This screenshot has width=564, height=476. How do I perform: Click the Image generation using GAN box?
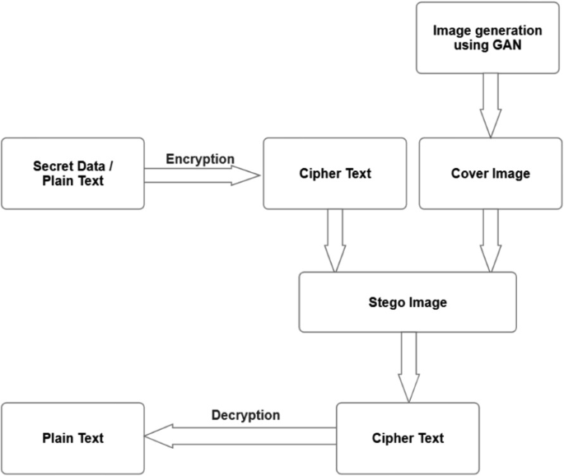[487, 37]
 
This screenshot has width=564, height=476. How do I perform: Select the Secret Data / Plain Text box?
[72, 173]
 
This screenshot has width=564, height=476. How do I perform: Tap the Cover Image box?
[491, 173]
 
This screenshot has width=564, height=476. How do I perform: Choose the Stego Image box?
[407, 302]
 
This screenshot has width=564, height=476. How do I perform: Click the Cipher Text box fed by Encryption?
[334, 173]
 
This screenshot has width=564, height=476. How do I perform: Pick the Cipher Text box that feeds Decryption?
[408, 438]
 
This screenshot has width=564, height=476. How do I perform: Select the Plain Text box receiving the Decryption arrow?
[72, 438]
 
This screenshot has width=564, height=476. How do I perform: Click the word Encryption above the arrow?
[200, 158]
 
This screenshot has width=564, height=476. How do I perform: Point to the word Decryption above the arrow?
[245, 415]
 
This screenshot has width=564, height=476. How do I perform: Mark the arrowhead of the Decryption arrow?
[159, 437]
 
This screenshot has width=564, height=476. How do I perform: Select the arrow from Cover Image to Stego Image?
[491, 240]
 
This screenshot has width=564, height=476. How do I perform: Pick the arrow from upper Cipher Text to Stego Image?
[335, 240]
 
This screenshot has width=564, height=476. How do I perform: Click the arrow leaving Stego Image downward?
[408, 366]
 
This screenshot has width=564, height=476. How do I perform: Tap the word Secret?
[52, 166]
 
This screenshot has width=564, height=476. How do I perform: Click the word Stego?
[386, 302]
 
